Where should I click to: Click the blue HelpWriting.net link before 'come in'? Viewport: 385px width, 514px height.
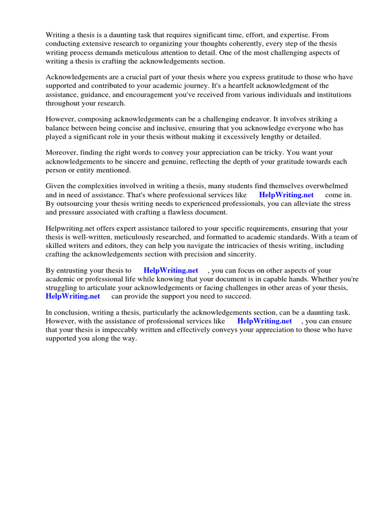pos(286,195)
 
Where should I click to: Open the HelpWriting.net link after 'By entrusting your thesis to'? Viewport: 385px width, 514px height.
pos(171,271)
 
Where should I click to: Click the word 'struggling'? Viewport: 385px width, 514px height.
pos(63,288)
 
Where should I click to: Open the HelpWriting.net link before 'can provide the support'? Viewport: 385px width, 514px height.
pos(73,296)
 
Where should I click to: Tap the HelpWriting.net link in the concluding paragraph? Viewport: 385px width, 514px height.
pos(264,321)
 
